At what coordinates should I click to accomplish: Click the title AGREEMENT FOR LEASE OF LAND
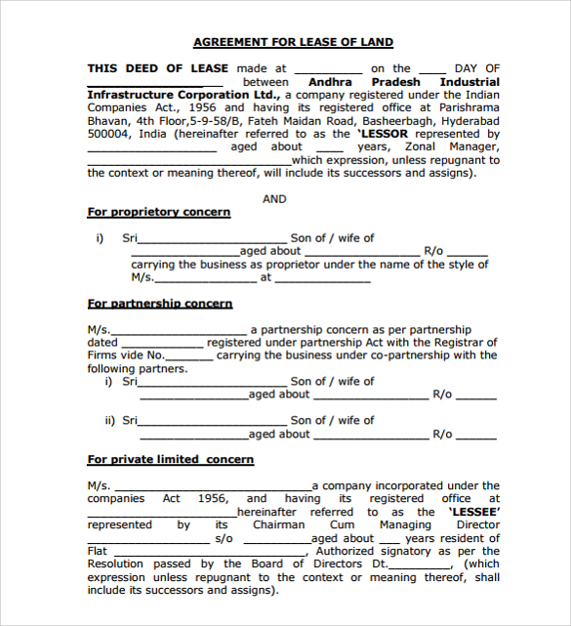[x=293, y=42]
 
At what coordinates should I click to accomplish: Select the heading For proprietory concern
[x=159, y=212]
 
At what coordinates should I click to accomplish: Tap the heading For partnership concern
[x=160, y=304]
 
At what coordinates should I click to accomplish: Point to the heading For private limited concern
[x=171, y=459]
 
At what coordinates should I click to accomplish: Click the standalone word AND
[x=274, y=199]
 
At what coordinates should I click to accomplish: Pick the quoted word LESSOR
[x=383, y=134]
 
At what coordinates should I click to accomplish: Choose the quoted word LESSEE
[x=473, y=512]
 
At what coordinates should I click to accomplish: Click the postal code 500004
[x=107, y=134]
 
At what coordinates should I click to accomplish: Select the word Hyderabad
[x=470, y=121]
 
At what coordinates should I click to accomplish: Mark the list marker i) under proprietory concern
[x=100, y=238]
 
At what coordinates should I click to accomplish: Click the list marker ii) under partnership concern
[x=109, y=421]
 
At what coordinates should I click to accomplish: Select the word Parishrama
[x=469, y=107]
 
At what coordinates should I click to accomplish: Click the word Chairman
[x=279, y=524]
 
